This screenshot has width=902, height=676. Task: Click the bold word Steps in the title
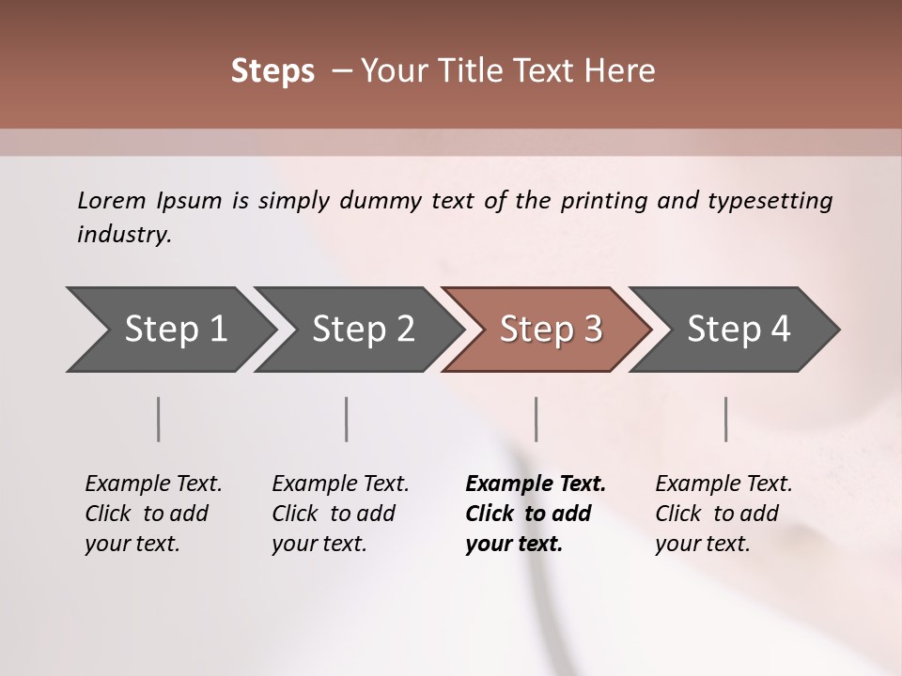(272, 71)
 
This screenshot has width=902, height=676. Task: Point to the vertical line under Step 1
(159, 419)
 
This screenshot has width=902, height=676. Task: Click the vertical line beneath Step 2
(347, 419)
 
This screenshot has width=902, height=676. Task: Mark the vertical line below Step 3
(537, 419)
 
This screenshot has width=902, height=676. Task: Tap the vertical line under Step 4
(726, 419)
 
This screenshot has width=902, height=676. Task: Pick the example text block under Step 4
(723, 514)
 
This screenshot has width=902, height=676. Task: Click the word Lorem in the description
(112, 200)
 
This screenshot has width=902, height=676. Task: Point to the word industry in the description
(124, 235)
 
